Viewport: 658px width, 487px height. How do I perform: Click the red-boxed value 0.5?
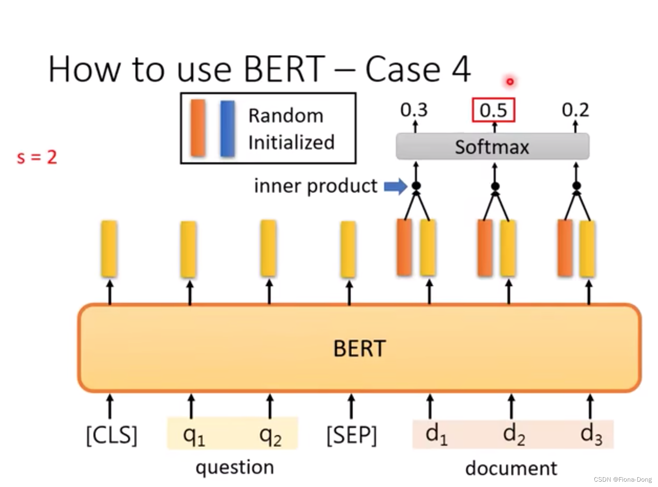(493, 110)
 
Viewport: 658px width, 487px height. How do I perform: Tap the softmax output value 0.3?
(414, 110)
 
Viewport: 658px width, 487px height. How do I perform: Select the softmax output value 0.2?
(575, 110)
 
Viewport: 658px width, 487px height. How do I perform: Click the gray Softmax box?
(492, 147)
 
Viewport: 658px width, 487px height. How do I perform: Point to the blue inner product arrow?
(395, 186)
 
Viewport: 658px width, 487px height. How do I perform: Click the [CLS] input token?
(111, 435)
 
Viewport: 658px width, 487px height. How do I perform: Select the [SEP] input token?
(351, 435)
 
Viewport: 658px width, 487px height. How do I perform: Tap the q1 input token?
(193, 435)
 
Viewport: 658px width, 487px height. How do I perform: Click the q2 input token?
(270, 435)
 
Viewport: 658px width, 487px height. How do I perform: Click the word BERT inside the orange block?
(359, 349)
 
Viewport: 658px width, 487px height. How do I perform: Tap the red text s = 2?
(37, 157)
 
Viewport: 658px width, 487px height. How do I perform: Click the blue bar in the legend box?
(227, 129)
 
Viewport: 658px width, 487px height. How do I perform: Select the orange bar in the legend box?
(198, 128)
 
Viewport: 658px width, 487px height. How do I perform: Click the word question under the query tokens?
(235, 468)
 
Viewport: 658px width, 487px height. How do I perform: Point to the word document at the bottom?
(511, 468)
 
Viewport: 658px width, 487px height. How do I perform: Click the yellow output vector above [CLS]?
(109, 248)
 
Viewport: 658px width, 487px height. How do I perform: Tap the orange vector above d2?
(485, 248)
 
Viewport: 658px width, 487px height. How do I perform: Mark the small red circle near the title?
(510, 82)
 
